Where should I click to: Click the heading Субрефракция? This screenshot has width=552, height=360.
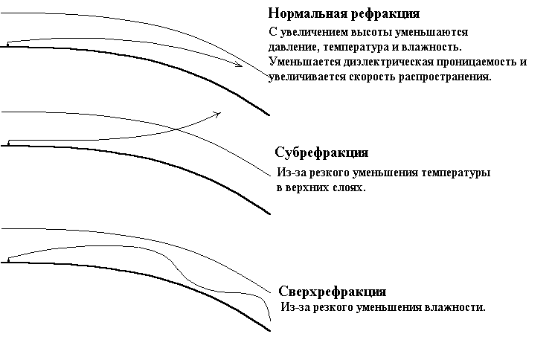(x=321, y=152)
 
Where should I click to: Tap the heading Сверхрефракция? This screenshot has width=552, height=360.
(x=332, y=291)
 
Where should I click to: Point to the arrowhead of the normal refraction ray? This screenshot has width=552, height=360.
(x=240, y=65)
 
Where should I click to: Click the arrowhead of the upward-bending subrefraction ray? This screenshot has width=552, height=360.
(x=218, y=114)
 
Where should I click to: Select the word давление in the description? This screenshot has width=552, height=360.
(x=293, y=48)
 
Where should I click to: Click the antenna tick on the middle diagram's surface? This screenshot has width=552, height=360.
(x=9, y=141)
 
